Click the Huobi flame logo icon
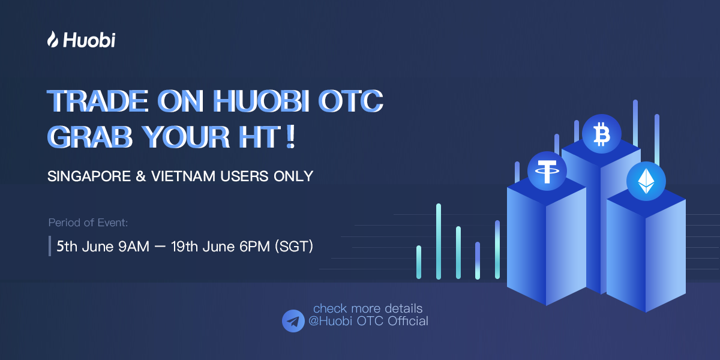[53, 39]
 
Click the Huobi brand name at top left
[89, 40]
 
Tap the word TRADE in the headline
[98, 101]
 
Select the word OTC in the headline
[350, 101]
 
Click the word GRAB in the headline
[89, 137]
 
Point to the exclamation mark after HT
[290, 137]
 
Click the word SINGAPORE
[89, 176]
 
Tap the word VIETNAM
[183, 176]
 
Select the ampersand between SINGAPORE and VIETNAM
[141, 176]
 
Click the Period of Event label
[88, 223]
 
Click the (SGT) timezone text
[294, 247]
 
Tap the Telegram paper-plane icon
[293, 321]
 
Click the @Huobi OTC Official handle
[368, 321]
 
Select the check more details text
[368, 308]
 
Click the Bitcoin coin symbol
[601, 134]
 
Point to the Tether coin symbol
[547, 171]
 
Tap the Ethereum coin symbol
[646, 181]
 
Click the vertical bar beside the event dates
[50, 246]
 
